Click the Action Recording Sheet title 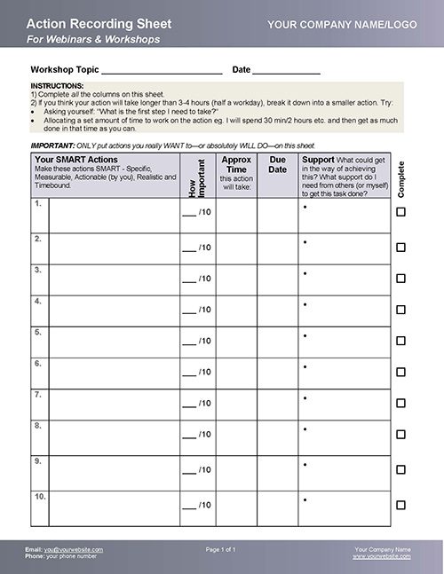[88, 23]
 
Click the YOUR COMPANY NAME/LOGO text [340, 26]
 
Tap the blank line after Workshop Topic [162, 71]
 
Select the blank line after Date [286, 71]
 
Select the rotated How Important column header [197, 176]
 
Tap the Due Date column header [278, 165]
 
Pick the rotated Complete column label [401, 178]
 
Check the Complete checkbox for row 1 [400, 212]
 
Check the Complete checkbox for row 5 [400, 341]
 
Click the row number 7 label [37, 394]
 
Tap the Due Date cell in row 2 [278, 248]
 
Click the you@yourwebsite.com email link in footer [74, 550]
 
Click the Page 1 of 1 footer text [221, 550]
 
